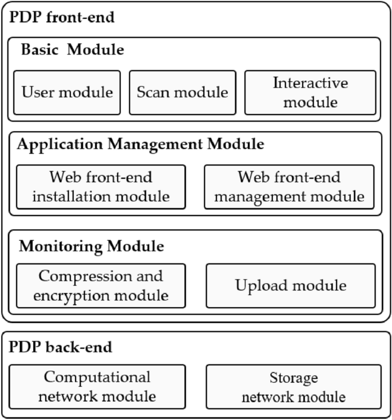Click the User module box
click(x=67, y=92)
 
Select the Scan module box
click(x=182, y=92)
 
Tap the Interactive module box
click(x=310, y=92)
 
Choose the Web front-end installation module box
click(x=101, y=187)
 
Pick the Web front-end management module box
click(x=289, y=187)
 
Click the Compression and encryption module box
click(x=101, y=285)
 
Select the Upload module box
click(x=291, y=285)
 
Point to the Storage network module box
click(x=293, y=386)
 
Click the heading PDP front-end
click(x=62, y=17)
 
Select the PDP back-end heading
click(x=60, y=347)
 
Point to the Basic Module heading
click(x=72, y=50)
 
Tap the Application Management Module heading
click(x=141, y=144)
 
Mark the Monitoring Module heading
click(x=92, y=246)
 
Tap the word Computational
click(x=97, y=377)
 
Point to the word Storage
click(x=293, y=378)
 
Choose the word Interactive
click(x=310, y=83)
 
